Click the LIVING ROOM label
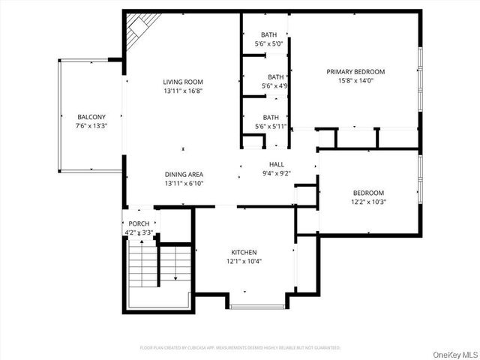click(184, 82)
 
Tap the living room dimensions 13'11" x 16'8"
click(184, 91)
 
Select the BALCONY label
click(91, 116)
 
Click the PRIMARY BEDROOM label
click(355, 72)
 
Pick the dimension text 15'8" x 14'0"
click(355, 81)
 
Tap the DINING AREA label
click(184, 174)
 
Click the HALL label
click(277, 164)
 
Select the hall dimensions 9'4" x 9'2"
click(277, 173)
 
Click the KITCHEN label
click(244, 252)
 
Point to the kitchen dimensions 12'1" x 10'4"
click(244, 261)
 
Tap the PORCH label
click(139, 223)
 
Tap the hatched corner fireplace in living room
click(136, 31)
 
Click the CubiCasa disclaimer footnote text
click(240, 348)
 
